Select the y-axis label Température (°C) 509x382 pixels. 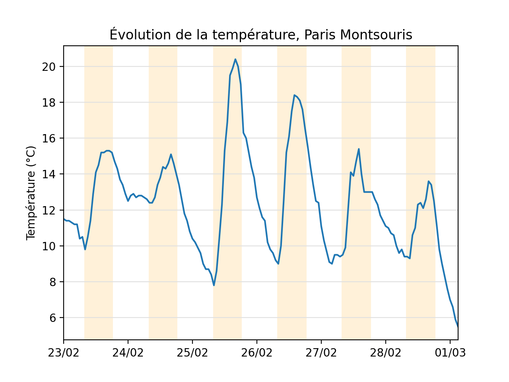31,193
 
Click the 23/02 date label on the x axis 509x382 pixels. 64,353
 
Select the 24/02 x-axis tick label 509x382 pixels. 128,353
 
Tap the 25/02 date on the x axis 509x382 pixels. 192,353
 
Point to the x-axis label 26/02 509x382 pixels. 257,353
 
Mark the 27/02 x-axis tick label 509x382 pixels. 321,353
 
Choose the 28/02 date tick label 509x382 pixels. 385,353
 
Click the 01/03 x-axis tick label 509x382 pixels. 450,353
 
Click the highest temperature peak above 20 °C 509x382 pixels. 235,59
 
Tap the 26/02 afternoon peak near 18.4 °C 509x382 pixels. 294,95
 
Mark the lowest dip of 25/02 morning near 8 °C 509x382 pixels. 214,285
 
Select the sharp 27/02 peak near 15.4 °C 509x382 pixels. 359,149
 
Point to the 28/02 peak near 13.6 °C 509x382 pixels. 428,181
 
